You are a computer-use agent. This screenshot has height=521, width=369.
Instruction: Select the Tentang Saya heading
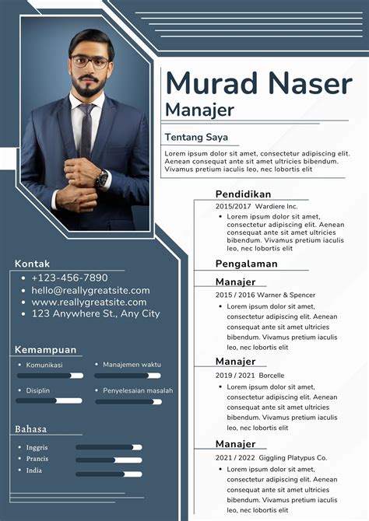point(195,138)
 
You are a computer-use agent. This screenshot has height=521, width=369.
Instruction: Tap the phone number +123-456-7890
point(69,278)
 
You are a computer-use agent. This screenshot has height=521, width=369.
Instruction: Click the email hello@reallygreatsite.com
point(90,290)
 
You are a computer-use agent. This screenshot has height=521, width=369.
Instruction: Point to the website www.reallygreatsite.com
point(89,302)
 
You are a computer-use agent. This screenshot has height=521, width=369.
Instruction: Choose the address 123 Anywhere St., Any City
point(96,313)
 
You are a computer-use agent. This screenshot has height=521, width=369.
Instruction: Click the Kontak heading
point(32,264)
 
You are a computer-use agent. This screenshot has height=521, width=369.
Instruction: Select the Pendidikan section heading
point(243,194)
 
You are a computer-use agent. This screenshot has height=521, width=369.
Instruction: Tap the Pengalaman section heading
point(246,264)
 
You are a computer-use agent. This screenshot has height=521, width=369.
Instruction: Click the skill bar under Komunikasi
point(50,376)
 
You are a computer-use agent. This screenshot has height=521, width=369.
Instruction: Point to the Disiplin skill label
point(38,390)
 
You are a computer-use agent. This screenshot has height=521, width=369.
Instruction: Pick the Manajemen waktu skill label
point(132,364)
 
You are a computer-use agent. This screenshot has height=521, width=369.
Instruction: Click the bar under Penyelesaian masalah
point(128,401)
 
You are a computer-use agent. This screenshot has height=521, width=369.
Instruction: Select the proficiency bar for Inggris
point(109,448)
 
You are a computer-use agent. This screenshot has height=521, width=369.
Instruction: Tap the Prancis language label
point(37,459)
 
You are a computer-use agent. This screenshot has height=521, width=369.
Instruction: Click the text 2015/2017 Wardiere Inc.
point(257,206)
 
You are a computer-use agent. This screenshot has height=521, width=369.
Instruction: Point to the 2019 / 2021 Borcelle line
point(250,375)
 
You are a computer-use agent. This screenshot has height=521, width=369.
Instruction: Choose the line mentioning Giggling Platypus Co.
point(271,457)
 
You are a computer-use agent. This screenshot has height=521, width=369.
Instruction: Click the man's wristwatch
point(102,179)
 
